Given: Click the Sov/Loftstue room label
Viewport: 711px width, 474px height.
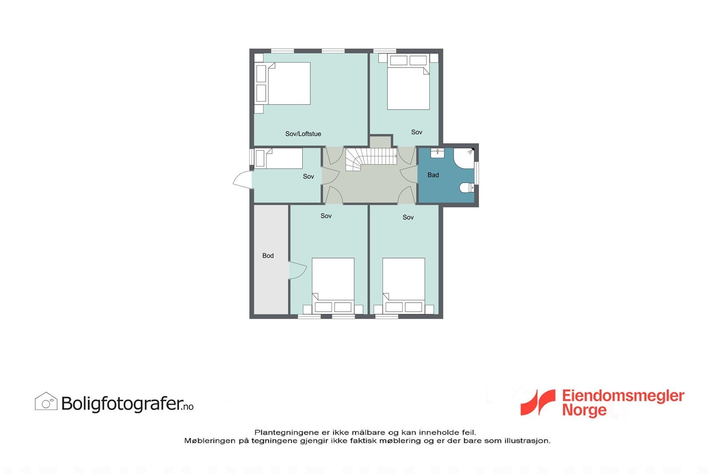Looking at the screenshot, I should (x=303, y=134).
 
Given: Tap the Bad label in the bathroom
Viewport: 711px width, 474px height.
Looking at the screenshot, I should (x=433, y=175).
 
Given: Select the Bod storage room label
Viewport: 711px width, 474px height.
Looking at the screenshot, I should (x=268, y=255).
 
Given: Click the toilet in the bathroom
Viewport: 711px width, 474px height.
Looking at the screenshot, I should (x=467, y=188).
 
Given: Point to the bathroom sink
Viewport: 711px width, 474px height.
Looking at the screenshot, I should (x=438, y=153).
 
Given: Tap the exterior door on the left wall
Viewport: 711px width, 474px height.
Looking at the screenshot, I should (x=242, y=180).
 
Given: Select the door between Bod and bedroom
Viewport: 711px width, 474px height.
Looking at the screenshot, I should (x=297, y=271).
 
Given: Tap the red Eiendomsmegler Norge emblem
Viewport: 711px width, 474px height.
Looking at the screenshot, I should (x=538, y=402).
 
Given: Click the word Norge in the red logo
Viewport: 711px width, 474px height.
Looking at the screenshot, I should (x=584, y=410).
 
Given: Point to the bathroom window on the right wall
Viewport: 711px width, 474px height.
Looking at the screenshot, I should (x=477, y=173).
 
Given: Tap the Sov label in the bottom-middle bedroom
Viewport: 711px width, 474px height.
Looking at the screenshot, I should (x=326, y=216).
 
